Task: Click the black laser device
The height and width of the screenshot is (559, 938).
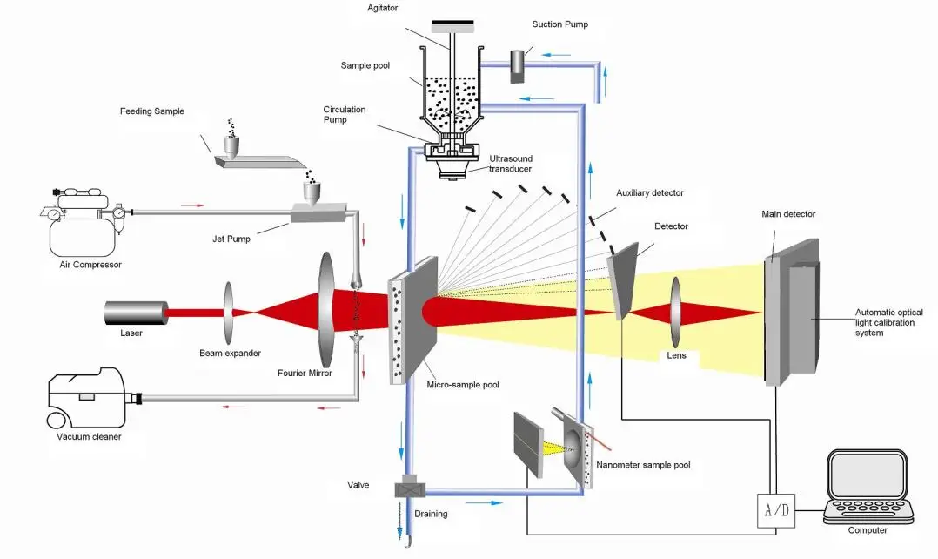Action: [x=136, y=313]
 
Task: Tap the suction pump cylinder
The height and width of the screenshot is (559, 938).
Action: [x=518, y=64]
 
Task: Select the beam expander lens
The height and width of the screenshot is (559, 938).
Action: [x=231, y=312]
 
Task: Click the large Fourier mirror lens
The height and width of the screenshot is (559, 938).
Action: [x=326, y=310]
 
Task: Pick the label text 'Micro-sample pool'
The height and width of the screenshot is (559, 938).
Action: [x=463, y=385]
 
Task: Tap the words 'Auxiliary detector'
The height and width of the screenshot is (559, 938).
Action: [x=649, y=192]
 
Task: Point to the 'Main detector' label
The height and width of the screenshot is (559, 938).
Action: [x=788, y=214]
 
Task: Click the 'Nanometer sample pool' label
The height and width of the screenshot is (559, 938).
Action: [x=643, y=465]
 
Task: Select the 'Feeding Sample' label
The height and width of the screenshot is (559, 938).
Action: [x=152, y=111]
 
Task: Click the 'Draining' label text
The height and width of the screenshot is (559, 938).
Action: [x=431, y=514]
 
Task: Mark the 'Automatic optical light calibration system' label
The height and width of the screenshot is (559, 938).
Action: [x=888, y=322]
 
